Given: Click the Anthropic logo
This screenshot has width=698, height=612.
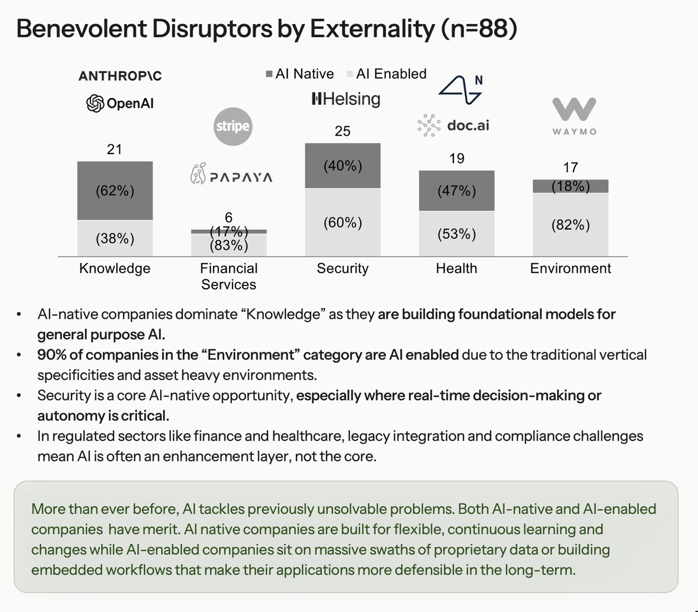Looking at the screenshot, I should click(x=120, y=76).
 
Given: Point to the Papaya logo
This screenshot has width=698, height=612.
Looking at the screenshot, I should click(x=231, y=174).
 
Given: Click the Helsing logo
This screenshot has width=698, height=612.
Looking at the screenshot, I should click(x=346, y=99).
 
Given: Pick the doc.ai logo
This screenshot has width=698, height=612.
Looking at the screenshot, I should click(x=453, y=126).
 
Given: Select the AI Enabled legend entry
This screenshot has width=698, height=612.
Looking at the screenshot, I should click(x=387, y=74).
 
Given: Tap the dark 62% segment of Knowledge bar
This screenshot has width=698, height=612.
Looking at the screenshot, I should click(x=115, y=191).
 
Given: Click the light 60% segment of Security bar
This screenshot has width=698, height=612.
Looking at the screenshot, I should click(x=342, y=223).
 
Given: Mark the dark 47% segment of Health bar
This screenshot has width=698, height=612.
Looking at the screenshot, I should click(x=457, y=191).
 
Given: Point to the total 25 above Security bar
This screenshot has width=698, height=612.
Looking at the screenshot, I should click(x=342, y=131).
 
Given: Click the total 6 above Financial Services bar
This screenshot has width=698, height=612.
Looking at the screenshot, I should click(x=228, y=218).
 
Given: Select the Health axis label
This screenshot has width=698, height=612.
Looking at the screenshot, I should click(x=457, y=269).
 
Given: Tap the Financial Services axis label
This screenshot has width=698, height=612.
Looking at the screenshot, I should click(x=228, y=276).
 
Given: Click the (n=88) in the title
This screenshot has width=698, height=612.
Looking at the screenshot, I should click(x=479, y=28).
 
